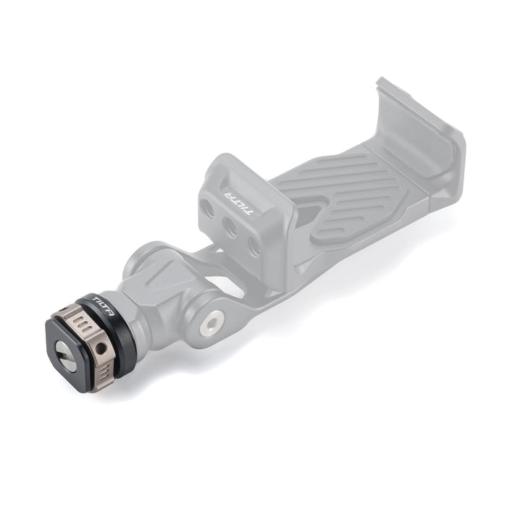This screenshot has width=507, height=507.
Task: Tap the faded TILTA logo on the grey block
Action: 238,202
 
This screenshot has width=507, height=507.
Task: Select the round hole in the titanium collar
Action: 101,348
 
